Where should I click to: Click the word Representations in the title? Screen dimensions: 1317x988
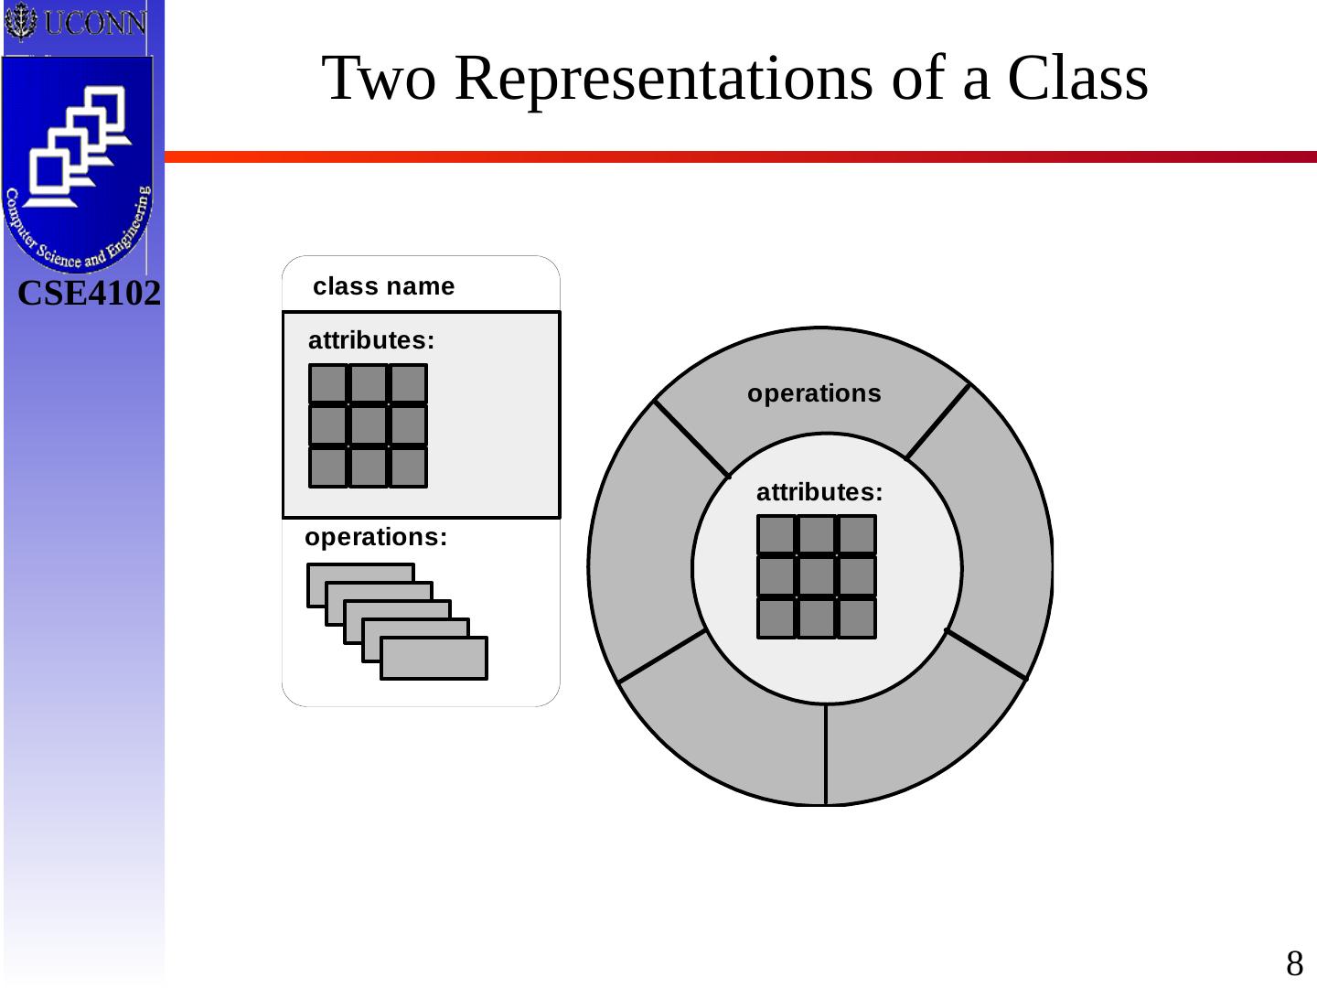[663, 78]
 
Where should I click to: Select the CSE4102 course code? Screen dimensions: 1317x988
[89, 294]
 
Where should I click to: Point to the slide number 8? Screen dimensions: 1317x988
[1294, 964]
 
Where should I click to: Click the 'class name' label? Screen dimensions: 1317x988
[383, 286]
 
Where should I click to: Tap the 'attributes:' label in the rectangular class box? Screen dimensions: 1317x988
[371, 340]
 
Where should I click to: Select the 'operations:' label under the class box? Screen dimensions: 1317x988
[376, 537]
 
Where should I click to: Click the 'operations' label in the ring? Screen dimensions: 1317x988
[814, 393]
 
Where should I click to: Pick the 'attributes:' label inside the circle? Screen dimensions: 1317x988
[819, 492]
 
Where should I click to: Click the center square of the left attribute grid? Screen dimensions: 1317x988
[369, 425]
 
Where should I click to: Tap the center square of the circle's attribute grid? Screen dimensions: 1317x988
[817, 576]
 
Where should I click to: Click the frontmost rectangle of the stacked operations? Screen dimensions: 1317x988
[434, 659]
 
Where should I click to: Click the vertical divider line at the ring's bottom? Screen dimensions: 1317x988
[826, 755]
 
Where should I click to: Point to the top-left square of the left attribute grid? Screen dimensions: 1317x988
[328, 384]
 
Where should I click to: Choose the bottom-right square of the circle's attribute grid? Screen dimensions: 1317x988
[857, 617]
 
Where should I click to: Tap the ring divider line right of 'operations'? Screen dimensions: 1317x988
[937, 421]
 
